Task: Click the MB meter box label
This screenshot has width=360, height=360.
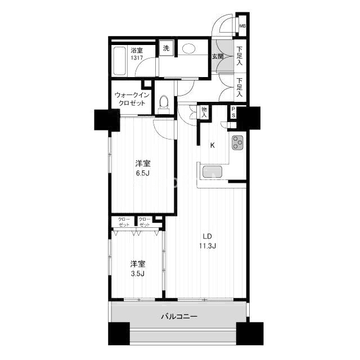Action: click(x=242, y=26)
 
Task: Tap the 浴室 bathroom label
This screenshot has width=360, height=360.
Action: click(x=137, y=50)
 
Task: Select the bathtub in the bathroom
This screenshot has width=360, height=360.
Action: click(x=120, y=61)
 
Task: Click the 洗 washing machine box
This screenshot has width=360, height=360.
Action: click(x=166, y=48)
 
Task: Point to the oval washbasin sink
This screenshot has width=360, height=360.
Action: click(x=189, y=49)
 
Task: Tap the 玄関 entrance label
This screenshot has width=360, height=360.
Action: click(x=218, y=56)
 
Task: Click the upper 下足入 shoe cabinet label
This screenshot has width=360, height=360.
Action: click(x=240, y=56)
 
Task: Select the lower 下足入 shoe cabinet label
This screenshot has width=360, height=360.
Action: click(x=240, y=87)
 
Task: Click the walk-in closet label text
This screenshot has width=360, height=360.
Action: click(x=132, y=99)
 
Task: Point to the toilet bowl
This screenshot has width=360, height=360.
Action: click(x=164, y=101)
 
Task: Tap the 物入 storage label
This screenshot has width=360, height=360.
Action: click(x=204, y=112)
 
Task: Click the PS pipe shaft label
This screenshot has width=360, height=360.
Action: click(x=233, y=112)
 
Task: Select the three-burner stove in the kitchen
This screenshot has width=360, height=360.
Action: click(x=237, y=142)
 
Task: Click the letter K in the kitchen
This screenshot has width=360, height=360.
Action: click(x=213, y=145)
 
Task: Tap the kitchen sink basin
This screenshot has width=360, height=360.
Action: click(x=213, y=172)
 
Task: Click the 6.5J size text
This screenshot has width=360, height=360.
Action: click(x=143, y=173)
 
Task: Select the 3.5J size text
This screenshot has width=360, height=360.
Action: click(x=138, y=273)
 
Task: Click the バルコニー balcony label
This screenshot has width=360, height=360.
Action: click(x=179, y=317)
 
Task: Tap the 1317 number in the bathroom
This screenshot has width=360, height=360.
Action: click(x=137, y=58)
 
